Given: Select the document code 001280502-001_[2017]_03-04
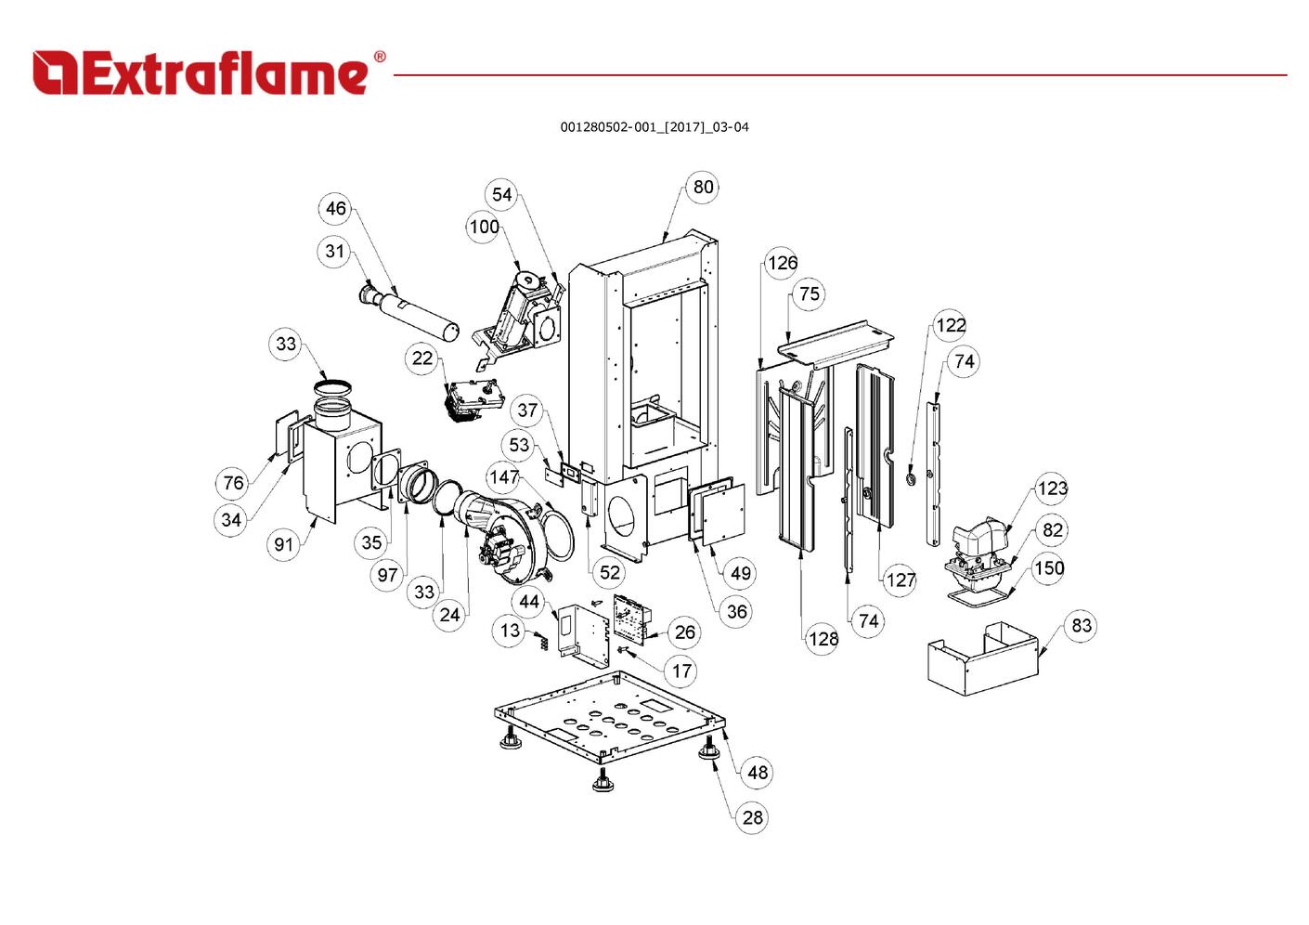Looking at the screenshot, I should click(654, 127).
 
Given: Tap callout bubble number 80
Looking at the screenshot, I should click(704, 187).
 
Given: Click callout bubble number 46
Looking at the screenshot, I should click(335, 209).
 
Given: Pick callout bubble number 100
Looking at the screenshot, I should click(484, 227).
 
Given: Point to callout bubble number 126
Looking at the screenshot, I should click(782, 263).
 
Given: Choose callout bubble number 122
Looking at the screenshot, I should click(950, 325).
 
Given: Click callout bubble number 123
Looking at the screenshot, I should click(1052, 489).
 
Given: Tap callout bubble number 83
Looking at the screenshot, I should click(1082, 625).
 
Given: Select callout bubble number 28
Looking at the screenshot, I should click(753, 817).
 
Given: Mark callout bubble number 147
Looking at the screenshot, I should click(504, 477).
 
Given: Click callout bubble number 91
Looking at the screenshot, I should click(284, 544).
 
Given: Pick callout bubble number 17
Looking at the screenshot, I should click(682, 671).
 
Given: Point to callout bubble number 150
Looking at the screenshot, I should click(1049, 567).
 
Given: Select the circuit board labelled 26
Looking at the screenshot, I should click(631, 618).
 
